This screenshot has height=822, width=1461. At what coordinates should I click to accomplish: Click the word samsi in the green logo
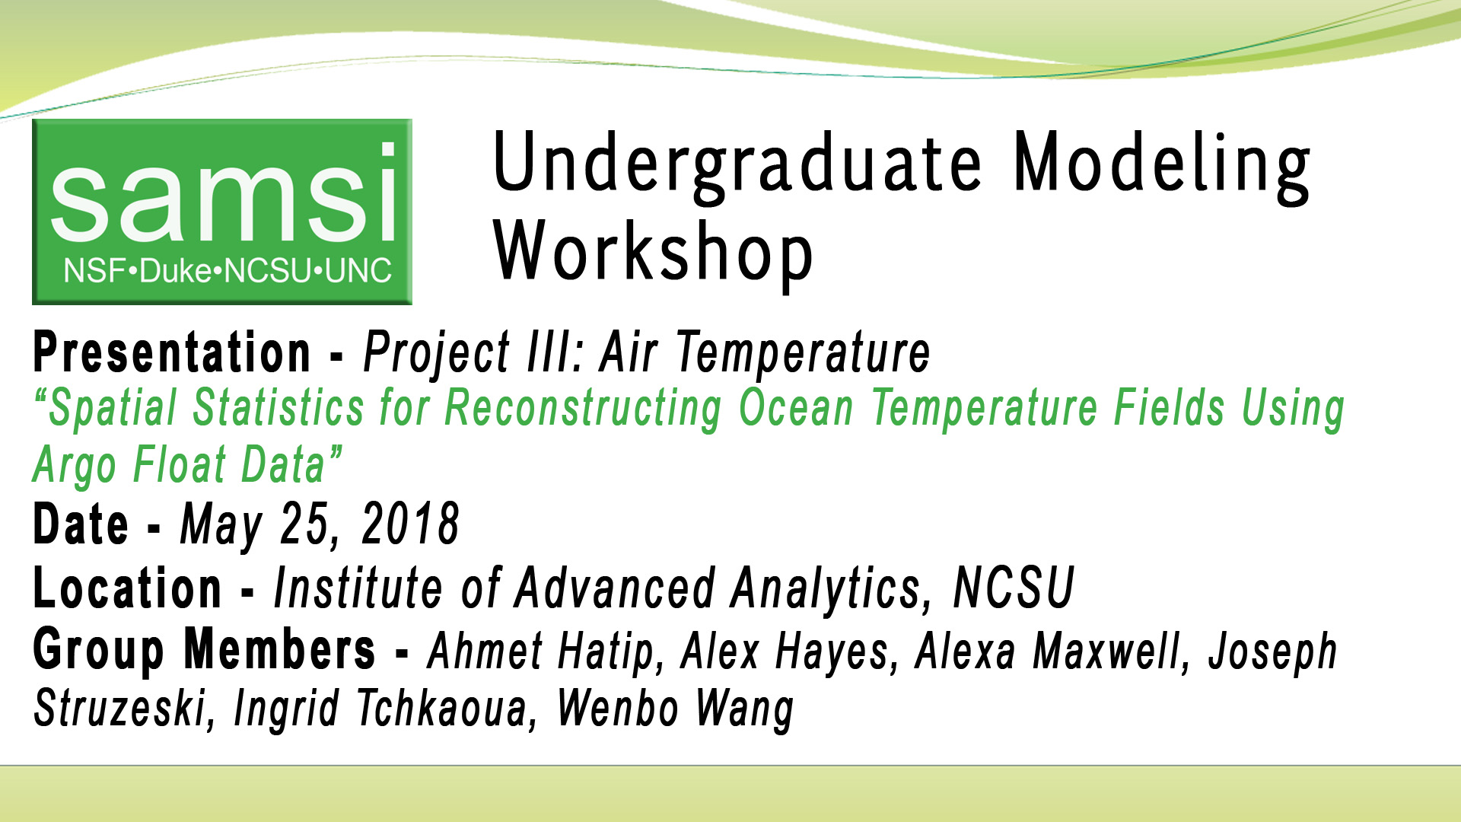point(223,194)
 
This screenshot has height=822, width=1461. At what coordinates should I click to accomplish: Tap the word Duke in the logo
point(177,271)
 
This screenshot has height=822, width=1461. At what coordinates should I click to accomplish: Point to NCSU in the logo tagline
point(269,271)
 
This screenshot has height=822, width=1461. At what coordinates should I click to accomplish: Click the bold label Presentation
point(172,353)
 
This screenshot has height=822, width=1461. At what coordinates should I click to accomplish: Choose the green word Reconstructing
point(583,409)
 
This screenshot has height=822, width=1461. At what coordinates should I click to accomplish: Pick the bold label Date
point(81,525)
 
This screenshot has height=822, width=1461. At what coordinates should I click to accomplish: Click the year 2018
point(410,525)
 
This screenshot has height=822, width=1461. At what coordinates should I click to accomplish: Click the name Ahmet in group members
point(485,652)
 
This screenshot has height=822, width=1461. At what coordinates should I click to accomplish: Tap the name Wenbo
point(617,709)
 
